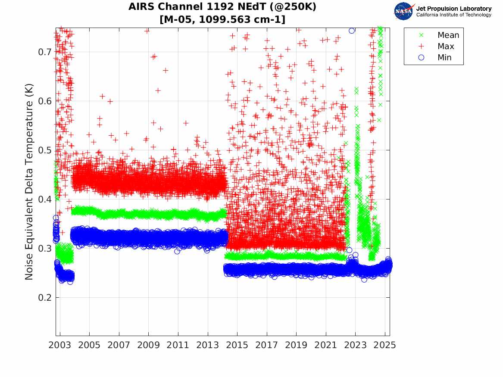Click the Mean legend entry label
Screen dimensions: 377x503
[448, 35]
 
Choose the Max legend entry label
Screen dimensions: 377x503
[446, 47]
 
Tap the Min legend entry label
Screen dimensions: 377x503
[444, 58]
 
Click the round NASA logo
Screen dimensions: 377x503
[404, 11]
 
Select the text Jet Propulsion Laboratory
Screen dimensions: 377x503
[454, 9]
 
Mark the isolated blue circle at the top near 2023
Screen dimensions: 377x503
[352, 31]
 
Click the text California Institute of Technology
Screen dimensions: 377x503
[454, 15]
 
